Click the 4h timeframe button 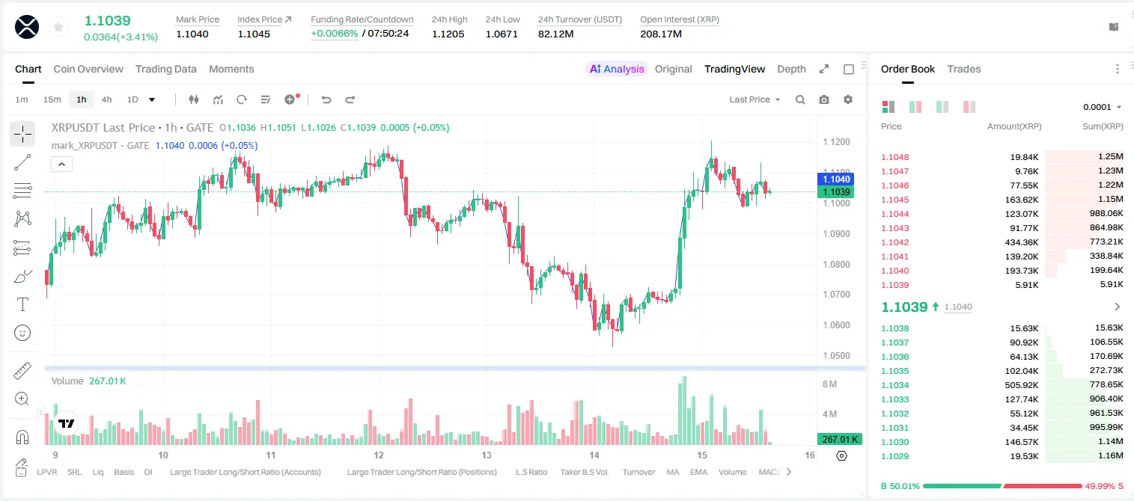click(106, 99)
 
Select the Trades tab click(964, 69)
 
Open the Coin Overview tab click(88, 69)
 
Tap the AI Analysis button click(617, 69)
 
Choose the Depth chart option click(791, 69)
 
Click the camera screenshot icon click(824, 99)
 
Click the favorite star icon click(58, 27)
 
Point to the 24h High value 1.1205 click(448, 34)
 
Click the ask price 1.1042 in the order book click(895, 242)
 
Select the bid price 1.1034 click(895, 385)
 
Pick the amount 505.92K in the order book click(1022, 385)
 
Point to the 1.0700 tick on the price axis click(836, 294)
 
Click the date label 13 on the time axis click(486, 455)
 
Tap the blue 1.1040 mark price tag click(836, 179)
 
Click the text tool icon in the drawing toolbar click(22, 304)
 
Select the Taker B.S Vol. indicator click(584, 472)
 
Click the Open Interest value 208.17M click(661, 34)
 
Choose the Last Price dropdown click(755, 99)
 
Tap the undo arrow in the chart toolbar click(326, 99)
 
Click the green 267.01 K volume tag click(840, 440)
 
